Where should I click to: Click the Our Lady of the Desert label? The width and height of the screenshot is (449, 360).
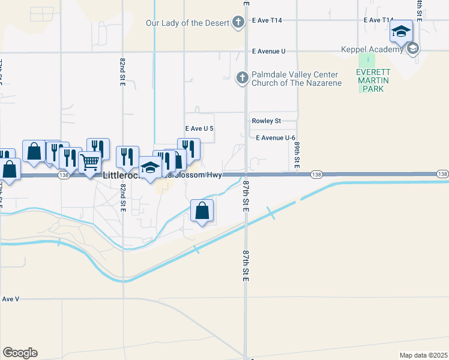click(x=188, y=23)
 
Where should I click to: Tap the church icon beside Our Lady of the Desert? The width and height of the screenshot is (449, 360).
click(x=238, y=23)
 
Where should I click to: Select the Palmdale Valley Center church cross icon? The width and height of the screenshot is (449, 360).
click(x=242, y=77)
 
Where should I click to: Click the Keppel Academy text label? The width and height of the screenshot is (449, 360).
click(x=372, y=49)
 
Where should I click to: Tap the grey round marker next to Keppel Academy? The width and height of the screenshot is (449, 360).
click(x=412, y=49)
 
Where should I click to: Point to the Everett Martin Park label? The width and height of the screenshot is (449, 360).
click(x=373, y=80)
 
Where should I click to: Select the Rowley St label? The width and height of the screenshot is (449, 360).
click(x=266, y=121)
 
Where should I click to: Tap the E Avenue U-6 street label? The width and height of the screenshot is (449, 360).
click(x=276, y=137)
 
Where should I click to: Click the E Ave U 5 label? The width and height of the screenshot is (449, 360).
click(x=199, y=128)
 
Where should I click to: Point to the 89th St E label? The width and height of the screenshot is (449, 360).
click(x=297, y=155)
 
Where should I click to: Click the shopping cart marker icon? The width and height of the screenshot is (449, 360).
click(x=89, y=161)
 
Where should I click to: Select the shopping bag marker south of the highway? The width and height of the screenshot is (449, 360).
click(x=202, y=211)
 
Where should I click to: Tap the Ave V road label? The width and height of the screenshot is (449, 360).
click(x=11, y=298)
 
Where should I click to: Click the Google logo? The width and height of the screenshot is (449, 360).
click(x=20, y=353)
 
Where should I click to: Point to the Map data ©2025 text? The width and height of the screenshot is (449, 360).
click(x=423, y=355)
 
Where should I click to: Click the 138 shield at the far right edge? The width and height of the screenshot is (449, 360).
click(x=442, y=174)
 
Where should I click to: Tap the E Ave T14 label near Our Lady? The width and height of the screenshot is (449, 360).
click(x=267, y=20)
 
